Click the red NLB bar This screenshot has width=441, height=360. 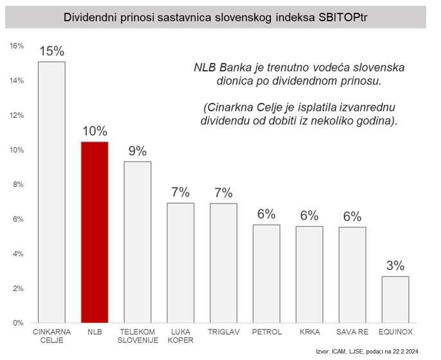tap(95, 232)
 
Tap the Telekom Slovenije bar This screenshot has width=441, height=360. tap(137, 242)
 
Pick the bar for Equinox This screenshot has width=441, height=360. tap(395, 299)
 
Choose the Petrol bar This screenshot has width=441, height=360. tap(266, 274)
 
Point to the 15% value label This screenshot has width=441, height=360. tap(52, 51)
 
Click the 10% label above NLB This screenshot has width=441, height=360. tap(95, 131)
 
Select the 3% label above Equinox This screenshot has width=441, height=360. tap(395, 265)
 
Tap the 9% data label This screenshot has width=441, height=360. tap(137, 151)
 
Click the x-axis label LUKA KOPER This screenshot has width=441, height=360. tap(180, 337)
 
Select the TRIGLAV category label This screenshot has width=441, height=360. tap(223, 333)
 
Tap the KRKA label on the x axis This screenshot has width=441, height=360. tap(309, 333)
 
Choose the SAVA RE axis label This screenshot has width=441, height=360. tap(352, 333)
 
